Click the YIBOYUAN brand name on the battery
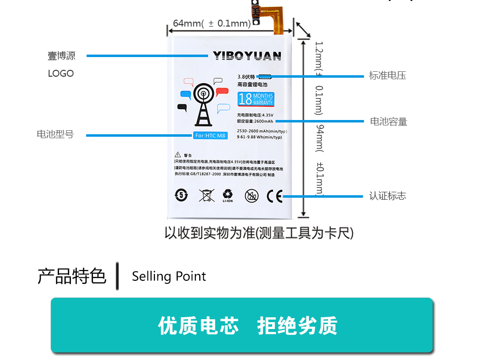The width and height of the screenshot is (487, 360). point(247,56)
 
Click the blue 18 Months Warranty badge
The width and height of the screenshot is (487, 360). point(255,99)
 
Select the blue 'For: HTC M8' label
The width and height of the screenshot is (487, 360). point(211,135)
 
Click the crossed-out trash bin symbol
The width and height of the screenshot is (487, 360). point(207,195)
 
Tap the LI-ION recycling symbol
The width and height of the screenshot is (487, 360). point(228,196)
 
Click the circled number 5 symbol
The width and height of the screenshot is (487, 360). point(182,195)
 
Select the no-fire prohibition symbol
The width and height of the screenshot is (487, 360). point(251,196)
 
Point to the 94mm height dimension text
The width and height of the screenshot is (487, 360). point(319,138)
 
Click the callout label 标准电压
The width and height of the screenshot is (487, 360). point(388,76)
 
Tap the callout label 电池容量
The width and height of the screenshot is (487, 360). point(389,121)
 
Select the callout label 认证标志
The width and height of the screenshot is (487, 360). point(388,196)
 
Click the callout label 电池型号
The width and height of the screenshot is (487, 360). point(55,134)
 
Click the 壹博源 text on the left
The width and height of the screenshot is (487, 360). point(61,56)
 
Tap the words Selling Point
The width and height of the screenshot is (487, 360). point(169,276)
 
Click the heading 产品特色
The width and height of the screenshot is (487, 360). point(72,276)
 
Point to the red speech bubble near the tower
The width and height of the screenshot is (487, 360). point(222,92)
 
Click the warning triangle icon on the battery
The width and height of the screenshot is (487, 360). point(178,155)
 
